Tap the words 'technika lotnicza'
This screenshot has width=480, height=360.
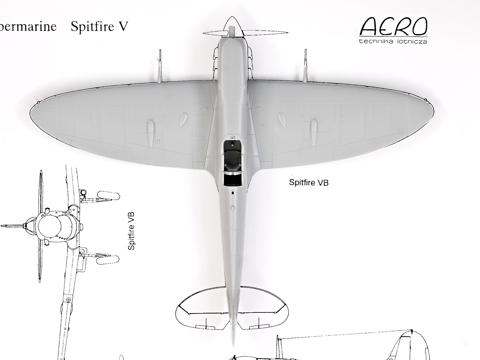(x=393, y=41)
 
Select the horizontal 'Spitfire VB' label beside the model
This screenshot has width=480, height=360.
(x=309, y=182)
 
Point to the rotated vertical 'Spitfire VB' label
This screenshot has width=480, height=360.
(x=131, y=231)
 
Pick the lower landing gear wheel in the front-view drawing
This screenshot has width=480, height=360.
(x=108, y=259)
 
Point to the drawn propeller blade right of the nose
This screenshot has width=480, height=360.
(x=267, y=32)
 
